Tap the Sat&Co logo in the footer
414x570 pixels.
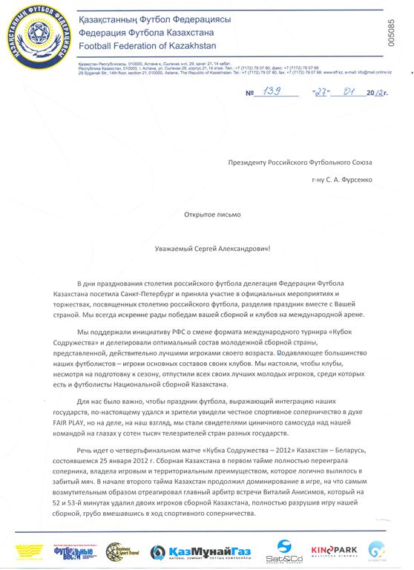[x=289, y=551]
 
